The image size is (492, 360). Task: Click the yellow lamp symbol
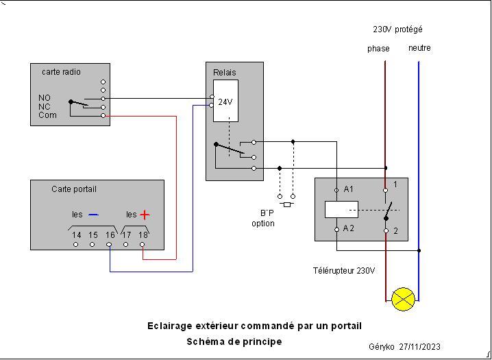pos(402,299)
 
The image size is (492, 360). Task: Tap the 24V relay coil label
pos(225,102)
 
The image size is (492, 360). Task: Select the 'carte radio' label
pos(61,72)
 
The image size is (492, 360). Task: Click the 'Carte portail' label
pos(74,189)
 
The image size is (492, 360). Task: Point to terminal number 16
pos(110,235)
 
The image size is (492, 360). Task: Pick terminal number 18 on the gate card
pos(143,235)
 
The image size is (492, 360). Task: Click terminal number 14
pos(77,235)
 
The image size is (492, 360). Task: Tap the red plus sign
pos(145,215)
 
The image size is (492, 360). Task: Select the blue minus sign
pos(94,215)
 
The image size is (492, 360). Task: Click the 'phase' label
pos(378,49)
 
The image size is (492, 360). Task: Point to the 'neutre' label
pos(419,48)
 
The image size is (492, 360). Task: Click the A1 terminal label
pos(349,189)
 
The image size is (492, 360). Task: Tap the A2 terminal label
pos(349,228)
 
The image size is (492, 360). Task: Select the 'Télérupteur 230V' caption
pos(344,271)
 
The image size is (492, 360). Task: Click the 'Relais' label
pos(224,72)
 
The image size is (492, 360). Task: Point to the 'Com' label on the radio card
pos(47,115)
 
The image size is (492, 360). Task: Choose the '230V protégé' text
pos(397,29)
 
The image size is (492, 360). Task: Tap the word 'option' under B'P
pos(263,224)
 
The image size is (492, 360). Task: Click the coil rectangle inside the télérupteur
pos(340,209)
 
